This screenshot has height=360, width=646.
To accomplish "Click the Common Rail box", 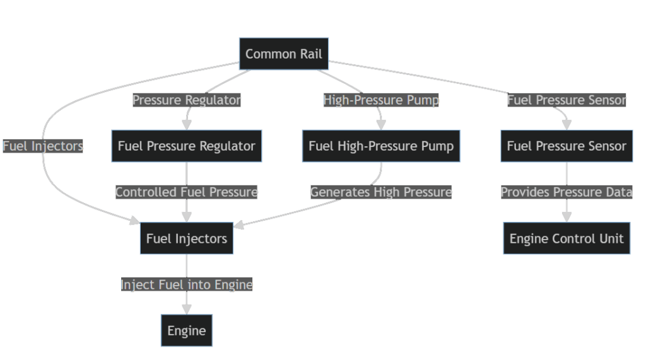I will pos(284,54).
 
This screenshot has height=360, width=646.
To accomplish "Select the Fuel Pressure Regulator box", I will pos(187,146).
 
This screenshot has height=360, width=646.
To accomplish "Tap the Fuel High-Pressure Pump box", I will pos(381,146).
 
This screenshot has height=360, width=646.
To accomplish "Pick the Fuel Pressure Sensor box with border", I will pos(567,146).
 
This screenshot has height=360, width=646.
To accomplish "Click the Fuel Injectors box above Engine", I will pos(187,238).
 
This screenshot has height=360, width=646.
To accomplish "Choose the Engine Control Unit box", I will pos(567,238).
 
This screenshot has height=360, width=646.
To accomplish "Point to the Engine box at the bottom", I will pos(187,330).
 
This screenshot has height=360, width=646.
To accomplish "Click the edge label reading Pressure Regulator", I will pos(187,100).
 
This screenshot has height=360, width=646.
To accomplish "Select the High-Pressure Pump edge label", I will pos(381,100).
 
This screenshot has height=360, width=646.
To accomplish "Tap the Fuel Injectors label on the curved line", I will pos(43,146).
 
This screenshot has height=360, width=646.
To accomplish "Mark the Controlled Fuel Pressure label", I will pos(187,192).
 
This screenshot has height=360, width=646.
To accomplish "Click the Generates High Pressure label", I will pos(381,192).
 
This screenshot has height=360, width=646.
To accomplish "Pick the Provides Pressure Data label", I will pos(567,192).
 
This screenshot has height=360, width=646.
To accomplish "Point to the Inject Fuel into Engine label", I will pos(187,285).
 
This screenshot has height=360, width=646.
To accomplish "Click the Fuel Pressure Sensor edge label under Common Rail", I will pos(567,100).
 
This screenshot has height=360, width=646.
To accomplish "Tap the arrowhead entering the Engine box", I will pos(187,310).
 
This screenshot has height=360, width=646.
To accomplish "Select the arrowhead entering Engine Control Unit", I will pos(567,217).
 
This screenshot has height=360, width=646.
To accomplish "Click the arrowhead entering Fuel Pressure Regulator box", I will pos(187,125).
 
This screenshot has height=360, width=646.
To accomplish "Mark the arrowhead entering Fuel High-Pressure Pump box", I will pos(381,125).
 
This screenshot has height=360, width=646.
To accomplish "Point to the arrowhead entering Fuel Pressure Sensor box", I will pos(567,125).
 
